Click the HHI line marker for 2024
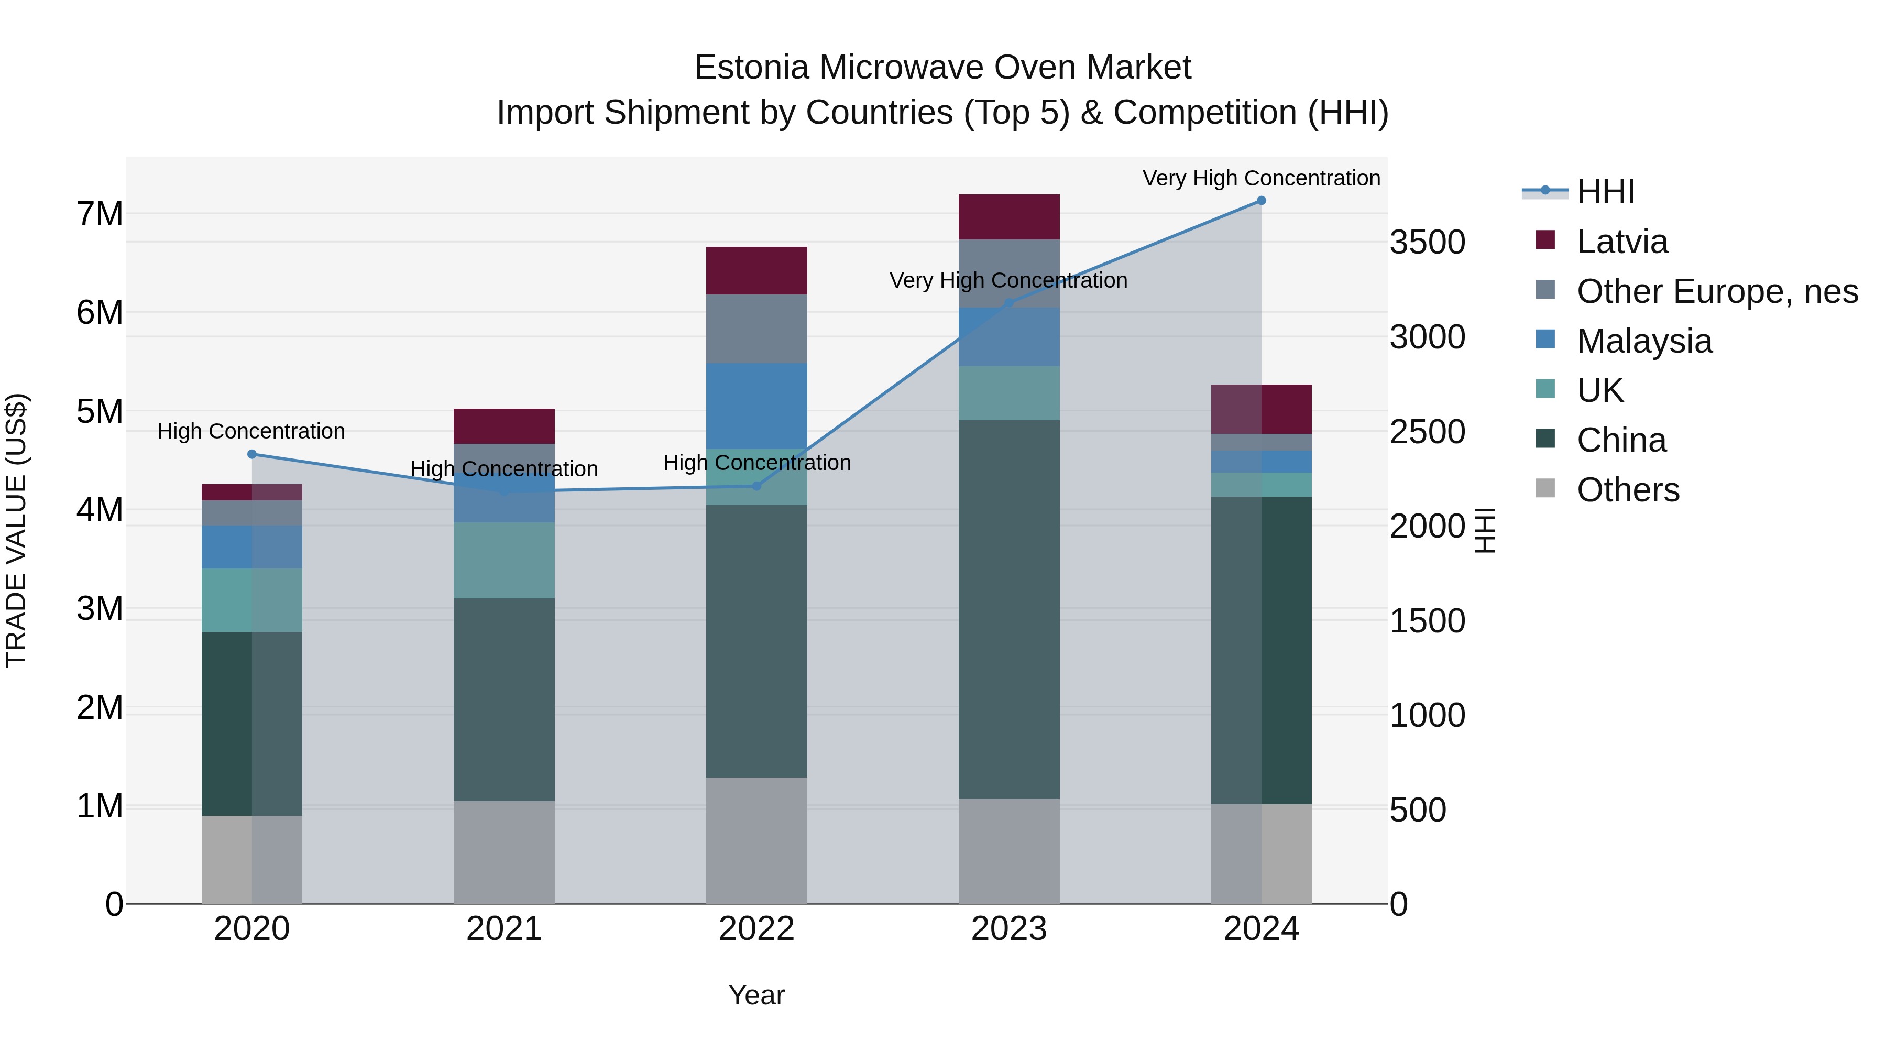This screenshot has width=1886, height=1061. (1261, 201)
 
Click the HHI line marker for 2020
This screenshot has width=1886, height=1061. (252, 454)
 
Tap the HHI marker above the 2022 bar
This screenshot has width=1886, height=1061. (756, 486)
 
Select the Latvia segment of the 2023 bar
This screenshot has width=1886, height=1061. (1009, 217)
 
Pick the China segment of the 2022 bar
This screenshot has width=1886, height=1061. (756, 641)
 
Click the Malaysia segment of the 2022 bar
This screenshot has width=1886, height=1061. (756, 406)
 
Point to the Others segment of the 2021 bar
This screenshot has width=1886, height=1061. (503, 851)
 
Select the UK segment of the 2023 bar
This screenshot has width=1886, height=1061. (1009, 393)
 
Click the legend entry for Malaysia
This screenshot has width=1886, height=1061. (1643, 341)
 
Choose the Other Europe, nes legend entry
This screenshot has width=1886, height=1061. (1717, 291)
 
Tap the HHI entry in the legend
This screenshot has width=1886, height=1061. (1605, 192)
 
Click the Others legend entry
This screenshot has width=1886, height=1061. (1628, 490)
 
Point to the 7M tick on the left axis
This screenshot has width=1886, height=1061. (100, 214)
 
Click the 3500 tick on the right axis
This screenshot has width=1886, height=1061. (1427, 243)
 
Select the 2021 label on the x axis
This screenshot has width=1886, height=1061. (503, 929)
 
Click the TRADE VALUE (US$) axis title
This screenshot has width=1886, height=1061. (16, 530)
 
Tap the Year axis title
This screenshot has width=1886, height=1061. (756, 995)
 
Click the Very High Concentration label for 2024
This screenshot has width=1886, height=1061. (1261, 178)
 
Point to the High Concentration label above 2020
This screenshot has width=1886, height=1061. (251, 431)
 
